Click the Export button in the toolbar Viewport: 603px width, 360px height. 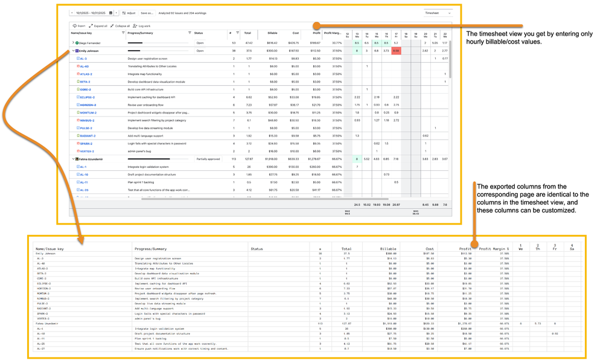coord(79,26)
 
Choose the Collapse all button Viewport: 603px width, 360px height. coord(120,26)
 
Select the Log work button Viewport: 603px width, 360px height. coord(142,26)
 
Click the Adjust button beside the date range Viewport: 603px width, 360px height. coord(129,13)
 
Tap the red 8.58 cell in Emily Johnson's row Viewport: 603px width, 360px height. coord(396,51)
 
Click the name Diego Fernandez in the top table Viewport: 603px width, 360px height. coord(89,43)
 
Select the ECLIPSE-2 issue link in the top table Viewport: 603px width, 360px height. coord(87,97)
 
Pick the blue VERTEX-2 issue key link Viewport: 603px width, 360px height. coord(87,152)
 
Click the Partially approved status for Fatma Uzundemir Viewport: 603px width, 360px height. coord(208,159)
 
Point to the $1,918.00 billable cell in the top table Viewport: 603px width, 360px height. coord(270,159)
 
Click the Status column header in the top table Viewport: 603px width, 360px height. coord(199,33)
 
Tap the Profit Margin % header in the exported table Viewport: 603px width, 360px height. coord(494,248)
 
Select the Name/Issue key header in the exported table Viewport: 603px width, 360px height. coord(50,248)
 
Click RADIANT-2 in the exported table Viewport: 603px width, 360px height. coord(43,309)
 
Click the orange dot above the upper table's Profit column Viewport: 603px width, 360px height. coord(316,25)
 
